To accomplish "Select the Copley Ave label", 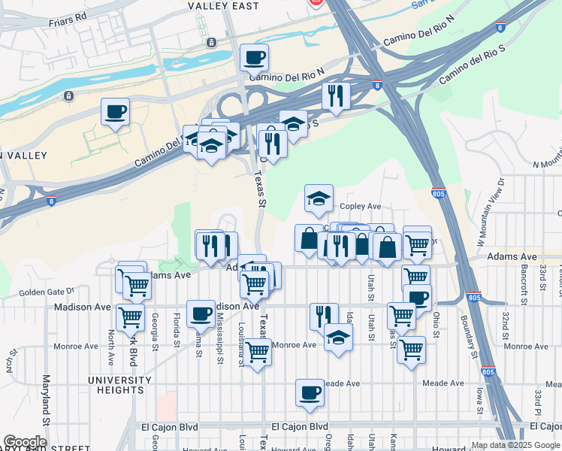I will (361, 206).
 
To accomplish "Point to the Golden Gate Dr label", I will (47, 291).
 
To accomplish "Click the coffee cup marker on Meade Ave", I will (310, 392).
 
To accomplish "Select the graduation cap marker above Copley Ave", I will (319, 199).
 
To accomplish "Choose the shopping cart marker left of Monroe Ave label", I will (258, 351).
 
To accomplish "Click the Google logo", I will (25, 442).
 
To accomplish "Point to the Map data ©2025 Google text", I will (515, 445).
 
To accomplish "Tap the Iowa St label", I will (479, 395).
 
